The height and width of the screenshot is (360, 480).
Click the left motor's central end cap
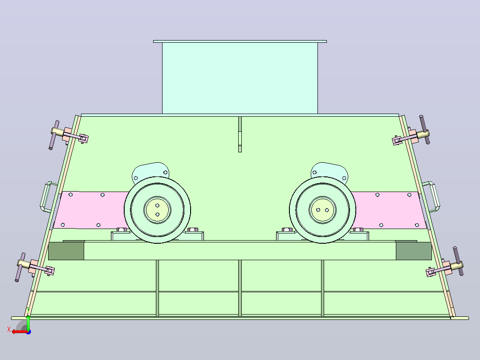(x=157, y=210)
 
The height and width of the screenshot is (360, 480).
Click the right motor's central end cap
(x=322, y=210)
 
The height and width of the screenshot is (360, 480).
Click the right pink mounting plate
(x=388, y=210)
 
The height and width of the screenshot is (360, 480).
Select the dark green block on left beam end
(x=66, y=251)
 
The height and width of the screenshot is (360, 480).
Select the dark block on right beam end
(x=414, y=251)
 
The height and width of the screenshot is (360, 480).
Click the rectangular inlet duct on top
(x=240, y=78)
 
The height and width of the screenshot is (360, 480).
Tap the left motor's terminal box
(x=151, y=172)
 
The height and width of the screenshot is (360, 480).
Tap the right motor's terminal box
(x=329, y=172)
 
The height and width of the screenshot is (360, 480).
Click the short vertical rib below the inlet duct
(x=240, y=134)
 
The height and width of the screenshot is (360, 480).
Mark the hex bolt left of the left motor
(x=122, y=230)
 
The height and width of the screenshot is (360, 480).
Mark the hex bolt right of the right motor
(x=358, y=230)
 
